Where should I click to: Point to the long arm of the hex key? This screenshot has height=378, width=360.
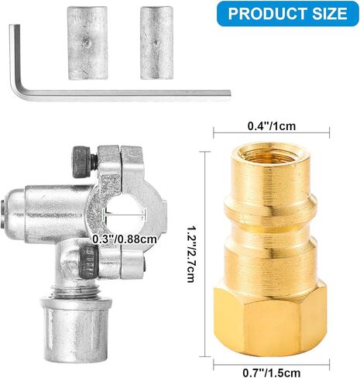(x=124, y=92)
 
